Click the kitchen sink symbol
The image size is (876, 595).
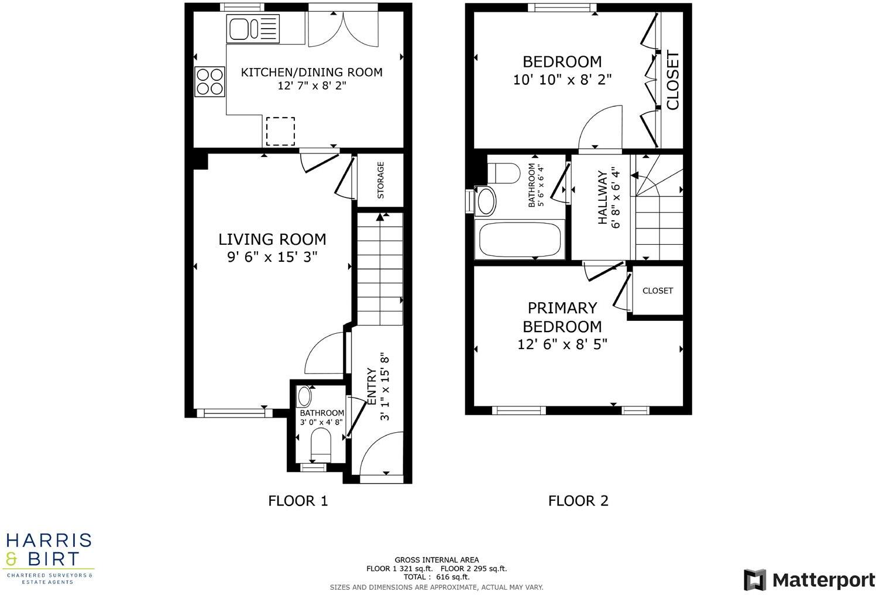253,29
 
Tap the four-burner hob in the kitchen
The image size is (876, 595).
210,81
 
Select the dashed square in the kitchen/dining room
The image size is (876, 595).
280,131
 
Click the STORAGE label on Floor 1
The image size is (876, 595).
381,180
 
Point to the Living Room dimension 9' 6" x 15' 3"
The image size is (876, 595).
272,257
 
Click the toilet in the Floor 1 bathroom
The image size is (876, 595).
321,443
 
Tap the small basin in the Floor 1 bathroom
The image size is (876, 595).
305,396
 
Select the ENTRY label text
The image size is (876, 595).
371,387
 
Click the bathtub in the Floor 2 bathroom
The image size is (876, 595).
520,240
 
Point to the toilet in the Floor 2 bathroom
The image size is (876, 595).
504,172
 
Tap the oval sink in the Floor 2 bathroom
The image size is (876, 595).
486,201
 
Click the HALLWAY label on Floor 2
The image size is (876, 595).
603,197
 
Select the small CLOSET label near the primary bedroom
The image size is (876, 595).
658,290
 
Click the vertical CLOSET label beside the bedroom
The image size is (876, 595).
673,81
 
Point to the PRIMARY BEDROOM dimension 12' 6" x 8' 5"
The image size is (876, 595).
562,344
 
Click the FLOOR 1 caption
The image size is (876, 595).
298,501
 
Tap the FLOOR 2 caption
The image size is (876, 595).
578,501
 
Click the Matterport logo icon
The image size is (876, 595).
755,580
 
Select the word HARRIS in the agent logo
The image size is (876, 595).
49,539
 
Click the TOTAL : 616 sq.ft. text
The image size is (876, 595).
436,577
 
